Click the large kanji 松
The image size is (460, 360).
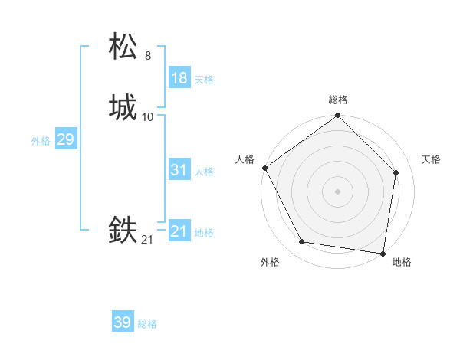123,47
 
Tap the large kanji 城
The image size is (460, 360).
123,108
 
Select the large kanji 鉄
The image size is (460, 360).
123,231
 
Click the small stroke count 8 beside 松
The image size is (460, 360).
148,56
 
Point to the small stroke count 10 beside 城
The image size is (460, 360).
148,117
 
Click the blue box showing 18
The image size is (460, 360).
179,78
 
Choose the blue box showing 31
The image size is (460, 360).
179,170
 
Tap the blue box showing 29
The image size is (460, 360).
65,139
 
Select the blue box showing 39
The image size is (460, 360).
123,322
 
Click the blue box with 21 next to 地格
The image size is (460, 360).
179,231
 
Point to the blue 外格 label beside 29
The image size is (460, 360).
41,141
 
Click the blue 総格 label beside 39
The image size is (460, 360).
147,324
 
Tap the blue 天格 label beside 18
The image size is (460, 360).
203,80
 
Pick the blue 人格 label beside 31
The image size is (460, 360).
203,172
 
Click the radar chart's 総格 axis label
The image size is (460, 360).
337,100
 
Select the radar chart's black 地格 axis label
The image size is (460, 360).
402,263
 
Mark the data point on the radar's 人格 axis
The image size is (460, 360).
264,168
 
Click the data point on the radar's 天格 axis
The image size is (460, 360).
396,172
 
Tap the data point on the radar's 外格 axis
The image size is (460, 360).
302,242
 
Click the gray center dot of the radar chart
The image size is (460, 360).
337,191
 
